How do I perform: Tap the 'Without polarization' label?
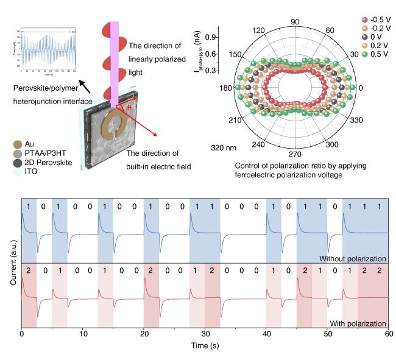(x=353, y=259)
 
